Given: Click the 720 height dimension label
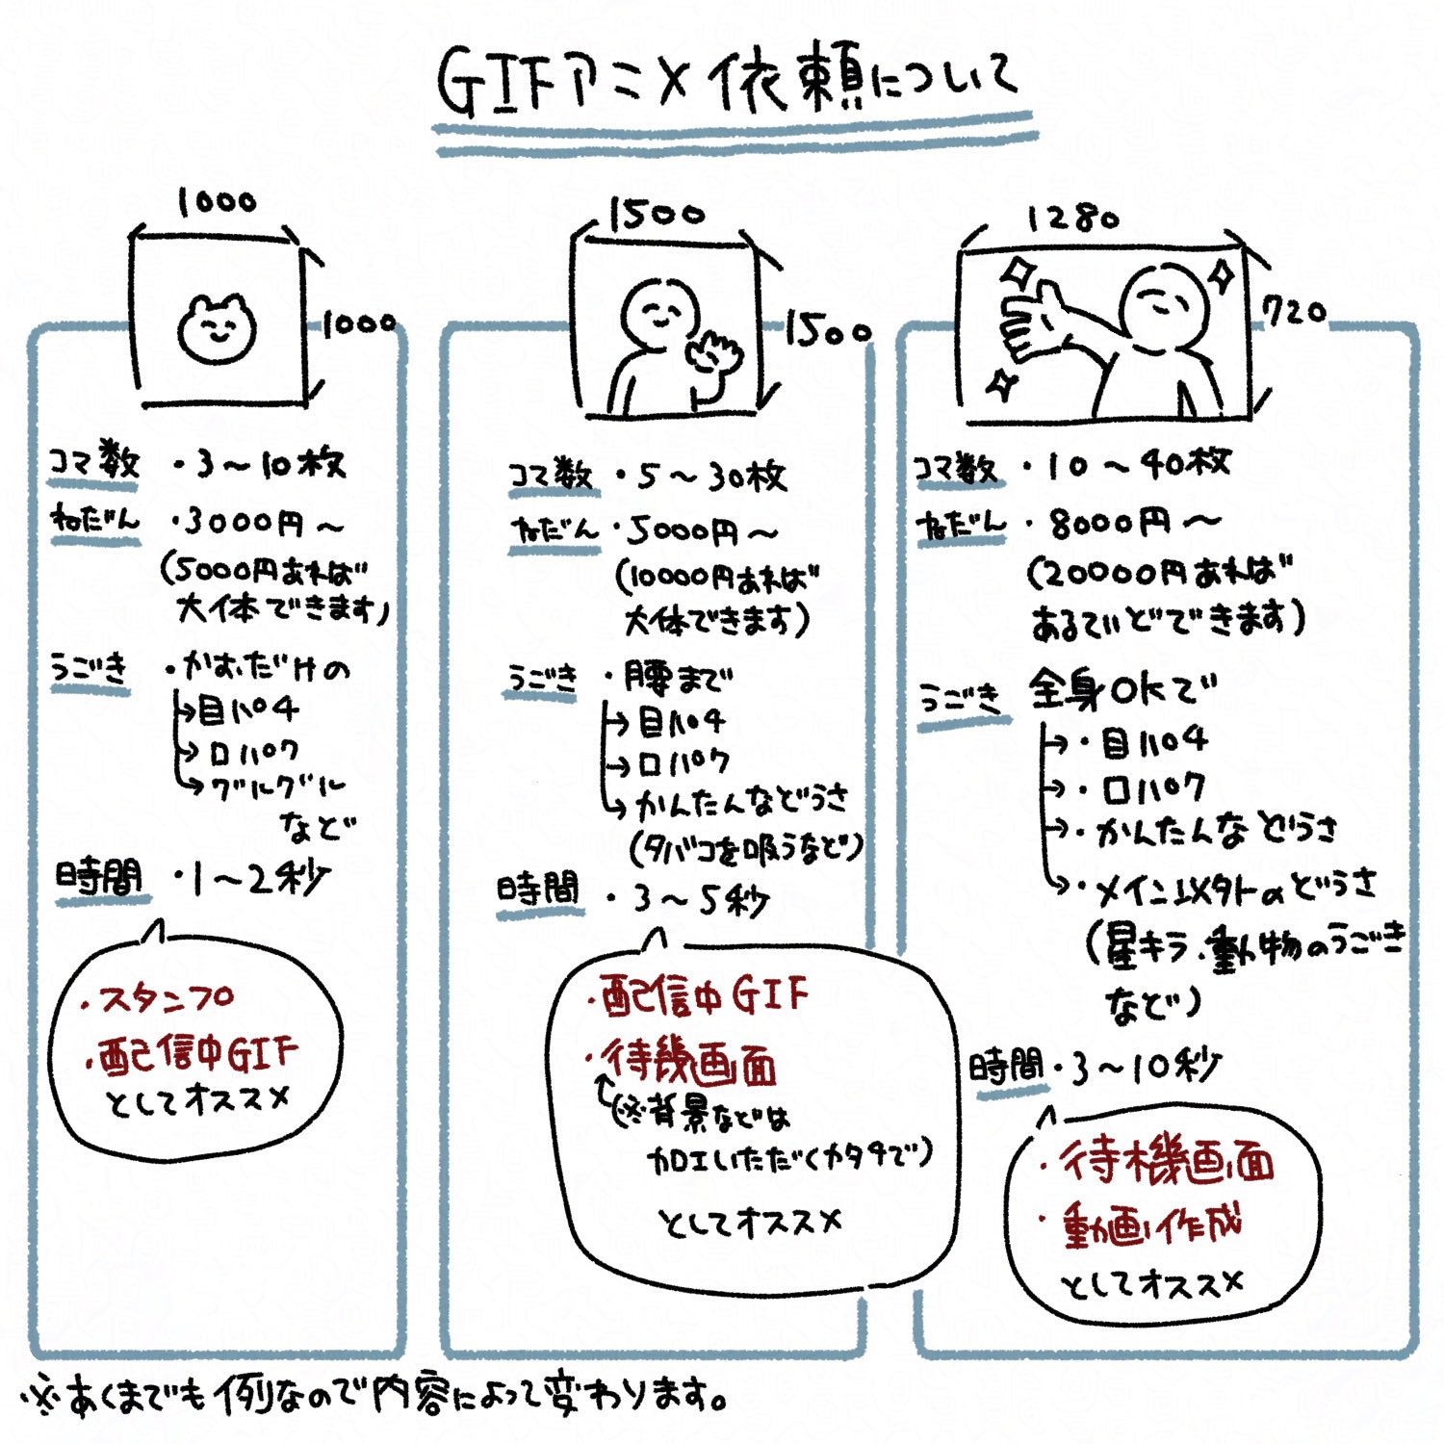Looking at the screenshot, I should pyautogui.click(x=1294, y=311).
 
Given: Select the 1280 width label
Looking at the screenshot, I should pyautogui.click(x=1073, y=219).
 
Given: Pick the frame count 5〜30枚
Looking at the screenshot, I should pyautogui.click(x=712, y=476).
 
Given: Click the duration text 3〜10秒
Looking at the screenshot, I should pyautogui.click(x=1146, y=1067).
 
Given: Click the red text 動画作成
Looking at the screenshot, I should pyautogui.click(x=1151, y=1225).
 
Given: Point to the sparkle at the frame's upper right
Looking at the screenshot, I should pyautogui.click(x=1223, y=275).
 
